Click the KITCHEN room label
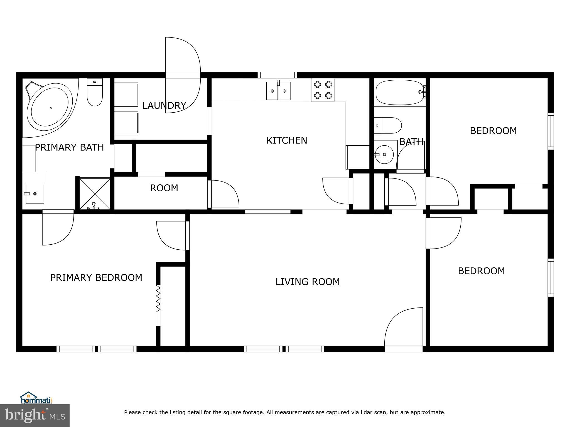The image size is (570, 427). click(x=287, y=141)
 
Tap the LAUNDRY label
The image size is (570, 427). click(x=164, y=106)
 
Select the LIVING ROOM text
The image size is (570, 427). click(x=308, y=282)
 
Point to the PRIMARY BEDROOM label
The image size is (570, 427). click(x=96, y=278)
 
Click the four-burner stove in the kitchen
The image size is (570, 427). click(x=323, y=90)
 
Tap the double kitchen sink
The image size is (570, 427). click(x=278, y=91)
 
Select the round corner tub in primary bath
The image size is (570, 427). click(x=50, y=108)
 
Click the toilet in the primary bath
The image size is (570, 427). click(x=95, y=92)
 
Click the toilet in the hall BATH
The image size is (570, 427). click(x=388, y=125)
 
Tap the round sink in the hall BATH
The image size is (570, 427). click(x=384, y=155)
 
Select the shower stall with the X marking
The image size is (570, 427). click(x=95, y=194)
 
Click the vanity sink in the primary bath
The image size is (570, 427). click(x=35, y=193)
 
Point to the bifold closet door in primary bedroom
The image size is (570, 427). click(x=158, y=299)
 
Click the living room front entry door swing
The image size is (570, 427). click(x=404, y=328)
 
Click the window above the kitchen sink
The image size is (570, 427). click(x=277, y=75)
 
